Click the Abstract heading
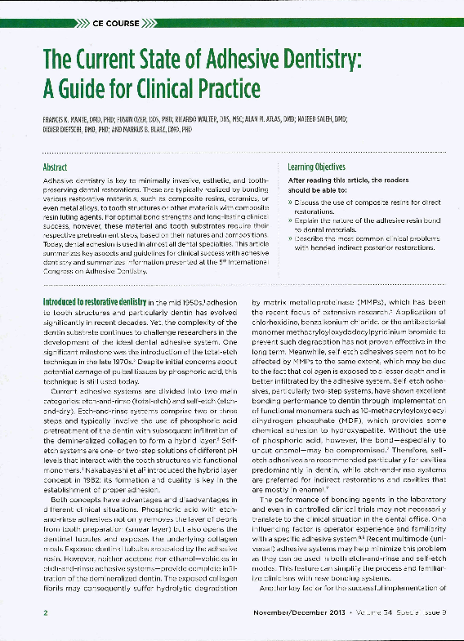55,167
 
